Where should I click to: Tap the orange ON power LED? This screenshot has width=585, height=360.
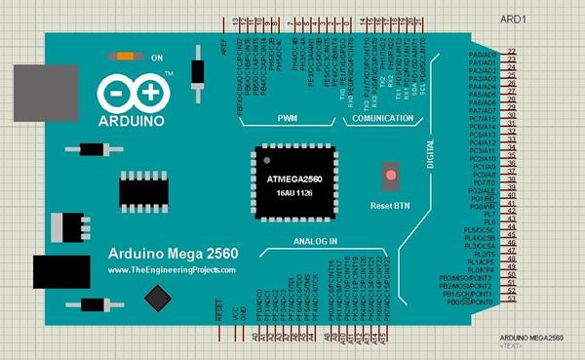127,57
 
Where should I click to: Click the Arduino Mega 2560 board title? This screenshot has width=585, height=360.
167,251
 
